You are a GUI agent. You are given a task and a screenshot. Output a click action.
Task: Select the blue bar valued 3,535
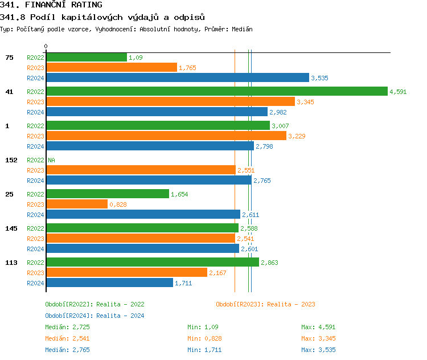point(178,77)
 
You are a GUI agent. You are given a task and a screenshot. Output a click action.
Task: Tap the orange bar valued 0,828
point(77,204)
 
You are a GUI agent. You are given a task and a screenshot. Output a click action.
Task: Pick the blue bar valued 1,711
point(109,283)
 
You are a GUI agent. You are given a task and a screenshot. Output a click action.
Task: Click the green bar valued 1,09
point(87,57)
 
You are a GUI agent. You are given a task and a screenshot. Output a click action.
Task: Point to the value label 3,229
point(297,136)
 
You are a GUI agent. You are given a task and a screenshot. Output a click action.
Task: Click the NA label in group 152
point(51,160)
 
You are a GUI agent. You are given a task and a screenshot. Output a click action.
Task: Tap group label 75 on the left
point(9,58)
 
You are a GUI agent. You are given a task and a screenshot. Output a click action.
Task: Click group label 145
point(11,228)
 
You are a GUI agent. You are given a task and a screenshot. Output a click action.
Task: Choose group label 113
point(11,263)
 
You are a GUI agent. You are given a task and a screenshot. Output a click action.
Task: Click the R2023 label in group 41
point(35,102)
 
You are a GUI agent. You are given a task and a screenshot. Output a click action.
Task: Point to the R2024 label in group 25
point(35,215)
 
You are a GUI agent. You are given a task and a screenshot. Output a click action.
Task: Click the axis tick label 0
point(46,46)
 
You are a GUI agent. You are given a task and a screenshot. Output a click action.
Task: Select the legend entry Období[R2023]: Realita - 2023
point(265,304)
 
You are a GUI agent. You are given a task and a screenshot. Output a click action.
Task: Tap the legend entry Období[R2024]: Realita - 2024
point(95,316)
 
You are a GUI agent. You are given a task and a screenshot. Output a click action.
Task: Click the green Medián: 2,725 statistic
point(67,327)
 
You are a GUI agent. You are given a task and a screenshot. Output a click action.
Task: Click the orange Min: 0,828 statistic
point(204,338)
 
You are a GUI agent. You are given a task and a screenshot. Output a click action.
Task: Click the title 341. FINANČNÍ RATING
point(51,5)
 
